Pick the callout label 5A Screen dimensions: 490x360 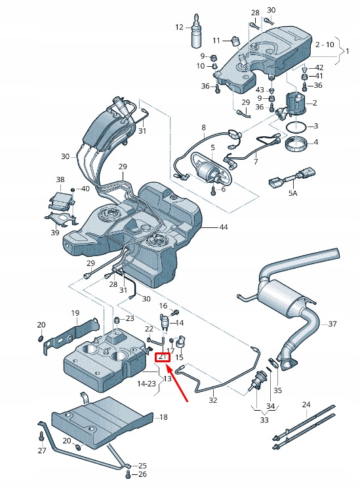click(x=292, y=195)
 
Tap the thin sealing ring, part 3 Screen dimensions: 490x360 click(x=296, y=126)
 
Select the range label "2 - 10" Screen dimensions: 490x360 click(x=324, y=45)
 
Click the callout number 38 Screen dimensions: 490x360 click(x=60, y=179)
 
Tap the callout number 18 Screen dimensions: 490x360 click(x=163, y=417)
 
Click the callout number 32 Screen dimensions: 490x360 click(x=212, y=400)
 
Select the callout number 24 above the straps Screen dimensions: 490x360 click(x=306, y=405)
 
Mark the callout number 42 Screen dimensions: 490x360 click(x=319, y=67)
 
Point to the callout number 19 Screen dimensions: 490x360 click(x=75, y=313)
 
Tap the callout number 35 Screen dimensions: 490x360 click(x=277, y=390)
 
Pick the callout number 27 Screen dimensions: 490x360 click(x=42, y=451)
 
